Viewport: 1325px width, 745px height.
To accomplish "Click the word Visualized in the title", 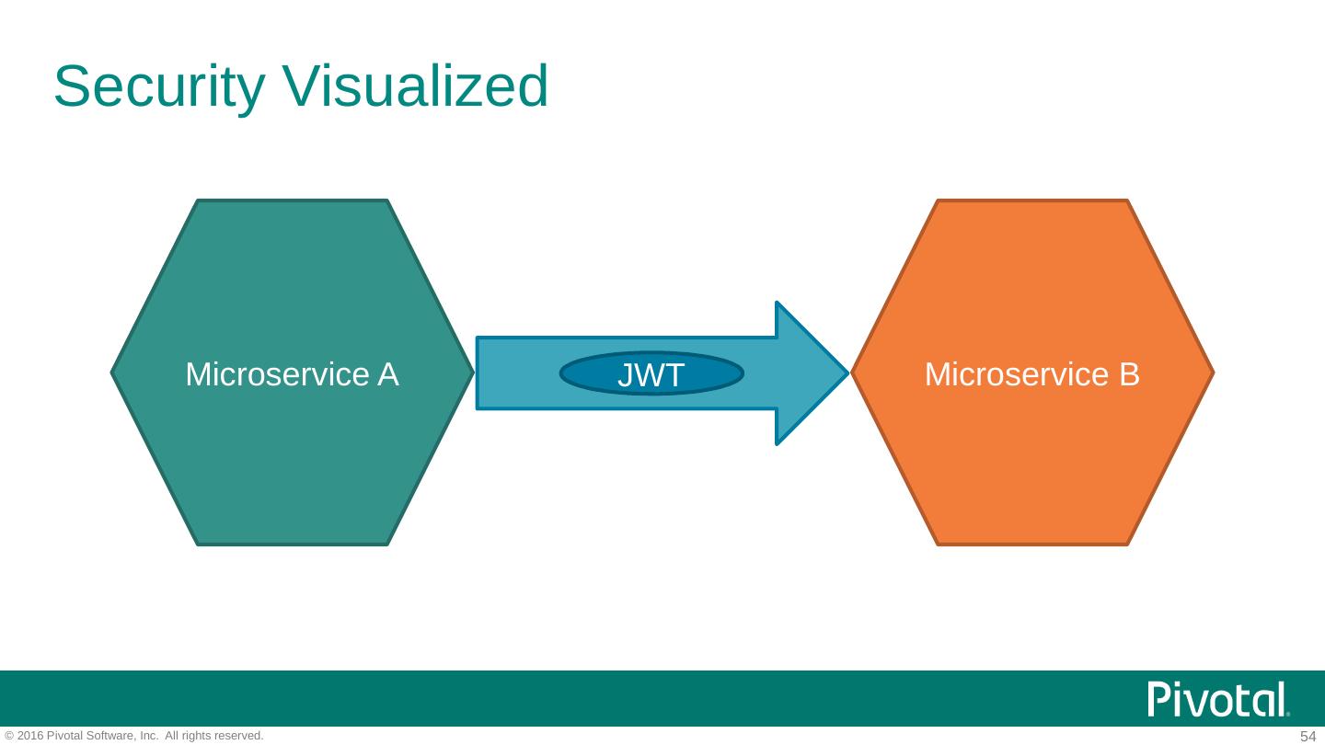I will click(x=415, y=86).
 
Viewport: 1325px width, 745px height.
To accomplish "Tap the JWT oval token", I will click(x=651, y=374).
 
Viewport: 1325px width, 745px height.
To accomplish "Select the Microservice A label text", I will click(x=292, y=374).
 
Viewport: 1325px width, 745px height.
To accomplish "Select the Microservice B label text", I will click(x=1031, y=374).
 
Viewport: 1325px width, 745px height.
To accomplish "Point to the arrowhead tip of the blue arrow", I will click(x=845, y=373).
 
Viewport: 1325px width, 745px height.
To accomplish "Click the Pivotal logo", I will click(x=1218, y=699).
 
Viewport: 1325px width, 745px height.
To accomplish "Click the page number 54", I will click(x=1308, y=736).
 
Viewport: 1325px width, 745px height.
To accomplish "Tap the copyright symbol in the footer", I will click(x=9, y=736).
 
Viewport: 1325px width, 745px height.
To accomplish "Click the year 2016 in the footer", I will click(x=30, y=736).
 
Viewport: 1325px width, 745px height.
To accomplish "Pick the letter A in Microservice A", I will click(x=387, y=374).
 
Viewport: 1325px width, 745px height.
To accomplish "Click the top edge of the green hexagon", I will click(x=293, y=201).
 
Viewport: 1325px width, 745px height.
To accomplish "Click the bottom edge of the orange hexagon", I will click(x=1032, y=544).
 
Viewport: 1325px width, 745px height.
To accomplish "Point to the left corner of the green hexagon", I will click(x=113, y=373).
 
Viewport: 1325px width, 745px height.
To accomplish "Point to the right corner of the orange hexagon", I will click(x=1212, y=373).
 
